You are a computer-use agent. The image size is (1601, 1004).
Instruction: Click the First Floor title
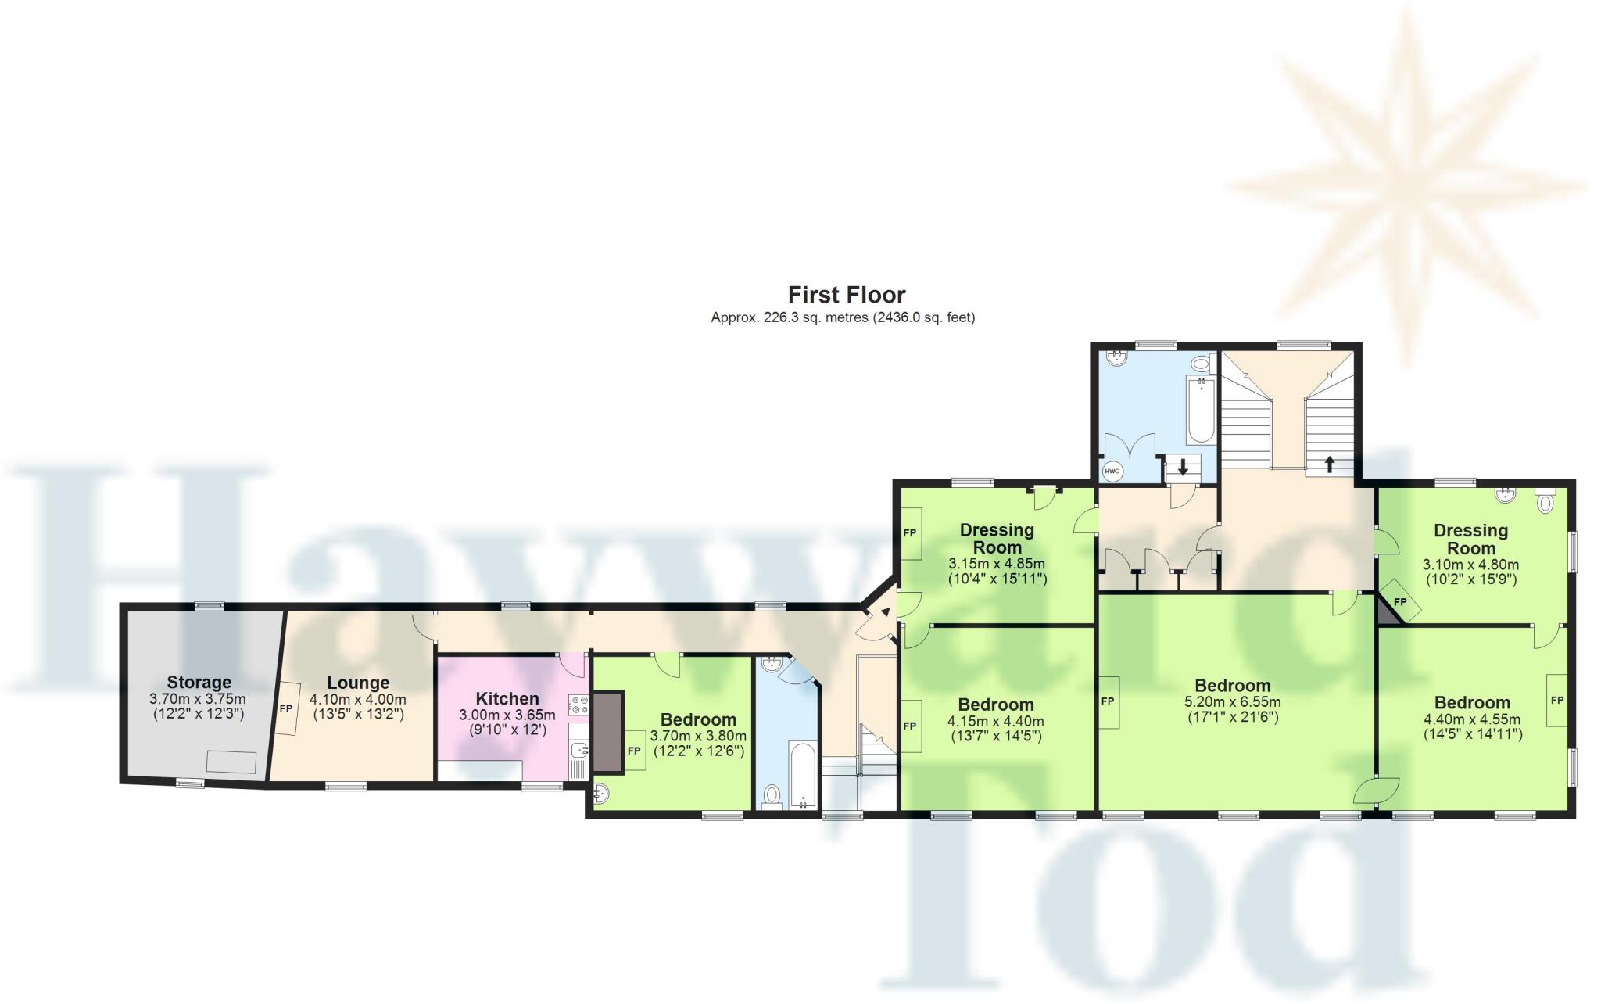point(846,295)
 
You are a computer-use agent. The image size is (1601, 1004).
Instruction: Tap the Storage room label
point(199,682)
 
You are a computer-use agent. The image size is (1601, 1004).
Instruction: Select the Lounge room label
point(358,683)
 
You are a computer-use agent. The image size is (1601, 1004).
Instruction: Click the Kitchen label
point(507,698)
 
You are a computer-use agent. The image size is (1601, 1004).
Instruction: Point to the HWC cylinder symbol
point(1112,472)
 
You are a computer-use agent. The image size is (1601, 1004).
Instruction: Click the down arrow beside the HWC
point(1183,468)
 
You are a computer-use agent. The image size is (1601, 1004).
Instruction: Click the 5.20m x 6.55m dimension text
point(1233,702)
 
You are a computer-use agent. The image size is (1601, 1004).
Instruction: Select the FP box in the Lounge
point(286,708)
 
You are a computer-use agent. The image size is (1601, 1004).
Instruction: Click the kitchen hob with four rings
point(578,705)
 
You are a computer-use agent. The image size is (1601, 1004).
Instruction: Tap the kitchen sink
point(578,751)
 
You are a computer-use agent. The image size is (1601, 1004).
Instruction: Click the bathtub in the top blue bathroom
point(1200,408)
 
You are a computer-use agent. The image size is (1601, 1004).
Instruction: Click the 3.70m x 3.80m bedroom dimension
point(698,736)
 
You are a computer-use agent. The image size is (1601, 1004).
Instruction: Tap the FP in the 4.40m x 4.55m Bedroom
point(1556,700)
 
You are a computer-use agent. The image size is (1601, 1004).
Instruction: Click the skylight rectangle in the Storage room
point(231,762)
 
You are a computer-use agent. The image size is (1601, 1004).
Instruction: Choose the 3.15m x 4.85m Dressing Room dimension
point(997,563)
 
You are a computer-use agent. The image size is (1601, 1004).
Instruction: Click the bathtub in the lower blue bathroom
point(803,774)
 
